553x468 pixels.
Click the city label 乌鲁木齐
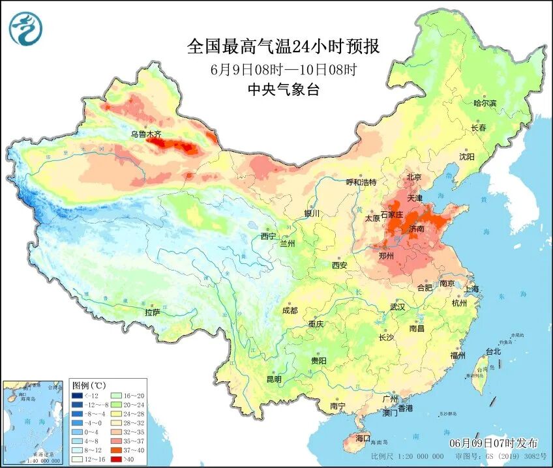145,134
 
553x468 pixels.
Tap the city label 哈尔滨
485,103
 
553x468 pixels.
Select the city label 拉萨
152,312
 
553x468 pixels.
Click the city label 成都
290,310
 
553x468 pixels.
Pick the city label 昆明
274,379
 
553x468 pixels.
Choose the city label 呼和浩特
361,182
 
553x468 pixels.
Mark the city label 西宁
268,236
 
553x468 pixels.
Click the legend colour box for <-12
77,396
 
